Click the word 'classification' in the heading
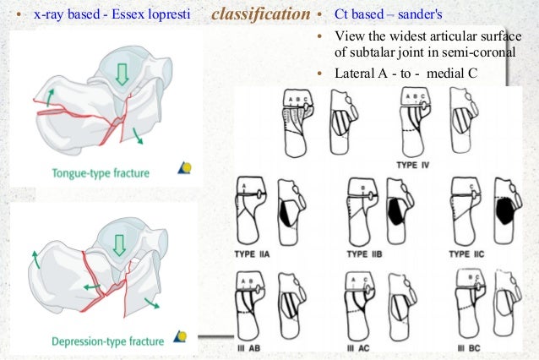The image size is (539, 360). [261, 15]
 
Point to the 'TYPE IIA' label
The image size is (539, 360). [257, 254]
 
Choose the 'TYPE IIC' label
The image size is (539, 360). [470, 254]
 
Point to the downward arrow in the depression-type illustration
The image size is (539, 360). [118, 245]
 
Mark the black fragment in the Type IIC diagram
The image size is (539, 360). [506, 207]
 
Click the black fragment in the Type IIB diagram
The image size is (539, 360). [394, 207]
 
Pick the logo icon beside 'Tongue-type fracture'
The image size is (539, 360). [184, 168]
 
